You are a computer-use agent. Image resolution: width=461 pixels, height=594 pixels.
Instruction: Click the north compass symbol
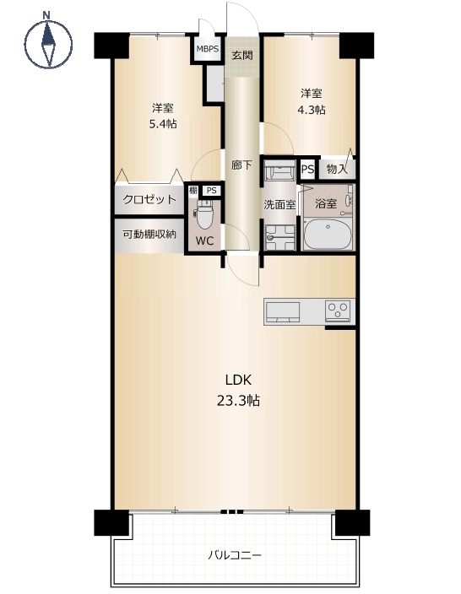point(48,41)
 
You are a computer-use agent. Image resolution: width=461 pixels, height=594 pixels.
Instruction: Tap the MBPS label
point(208,49)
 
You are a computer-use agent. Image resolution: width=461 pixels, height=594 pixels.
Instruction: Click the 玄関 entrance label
point(241,56)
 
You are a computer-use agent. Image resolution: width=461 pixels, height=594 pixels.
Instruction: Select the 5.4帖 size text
point(163,124)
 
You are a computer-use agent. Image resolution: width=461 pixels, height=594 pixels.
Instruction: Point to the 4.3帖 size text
point(311,110)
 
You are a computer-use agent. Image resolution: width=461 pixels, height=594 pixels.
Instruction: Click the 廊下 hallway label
point(241,165)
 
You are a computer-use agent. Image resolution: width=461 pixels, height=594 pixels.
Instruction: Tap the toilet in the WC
point(205,214)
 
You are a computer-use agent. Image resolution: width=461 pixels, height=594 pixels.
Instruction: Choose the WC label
point(204,240)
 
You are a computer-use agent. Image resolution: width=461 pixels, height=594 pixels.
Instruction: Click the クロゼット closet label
point(149,199)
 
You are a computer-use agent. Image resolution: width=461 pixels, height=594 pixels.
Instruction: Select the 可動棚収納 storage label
point(149,235)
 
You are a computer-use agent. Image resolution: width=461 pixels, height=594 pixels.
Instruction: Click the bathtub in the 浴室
point(328,234)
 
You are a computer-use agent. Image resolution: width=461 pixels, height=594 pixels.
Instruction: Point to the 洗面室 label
point(279,204)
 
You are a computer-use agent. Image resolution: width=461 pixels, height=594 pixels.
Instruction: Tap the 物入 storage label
point(337,169)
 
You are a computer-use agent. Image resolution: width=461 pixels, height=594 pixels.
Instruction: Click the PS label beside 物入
point(307,169)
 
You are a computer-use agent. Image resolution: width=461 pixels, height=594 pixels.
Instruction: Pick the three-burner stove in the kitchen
point(338,311)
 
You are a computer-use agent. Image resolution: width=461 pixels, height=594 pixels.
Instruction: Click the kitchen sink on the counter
point(283,312)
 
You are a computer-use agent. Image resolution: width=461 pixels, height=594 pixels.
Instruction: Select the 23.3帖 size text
point(238,401)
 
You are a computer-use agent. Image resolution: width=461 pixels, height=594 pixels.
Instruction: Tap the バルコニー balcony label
point(235,556)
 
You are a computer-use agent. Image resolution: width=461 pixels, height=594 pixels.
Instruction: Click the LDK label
point(238,380)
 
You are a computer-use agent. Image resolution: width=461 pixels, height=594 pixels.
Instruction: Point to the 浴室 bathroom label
point(326,204)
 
